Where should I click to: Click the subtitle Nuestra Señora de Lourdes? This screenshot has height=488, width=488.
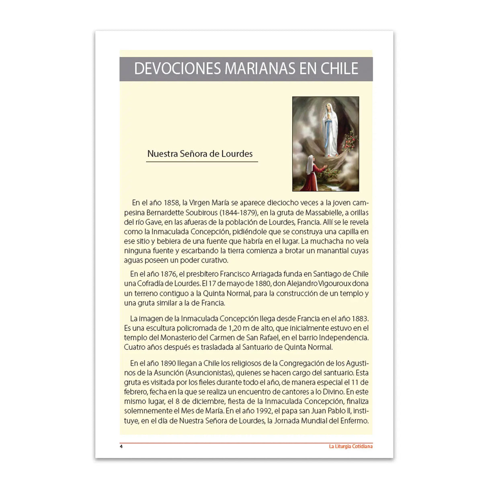(200, 154)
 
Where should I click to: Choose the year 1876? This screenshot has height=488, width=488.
(168, 274)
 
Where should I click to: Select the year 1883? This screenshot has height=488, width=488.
(360, 319)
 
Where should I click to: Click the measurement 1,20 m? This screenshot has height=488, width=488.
(238, 328)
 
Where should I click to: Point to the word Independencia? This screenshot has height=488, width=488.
(343, 338)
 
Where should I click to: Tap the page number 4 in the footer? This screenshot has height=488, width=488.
(121, 447)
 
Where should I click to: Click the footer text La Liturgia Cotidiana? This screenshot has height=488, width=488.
(351, 447)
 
